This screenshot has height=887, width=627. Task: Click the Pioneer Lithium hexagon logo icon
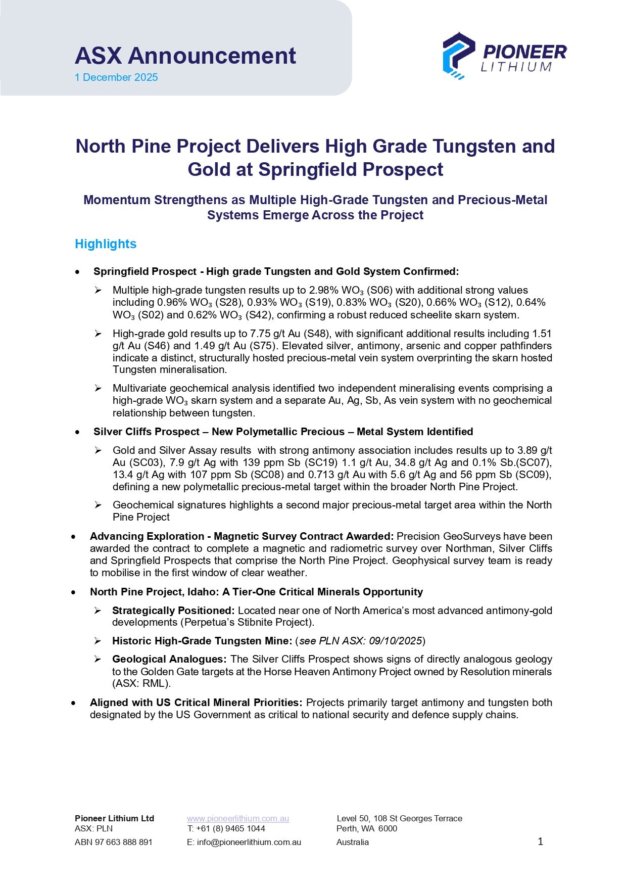click(x=458, y=56)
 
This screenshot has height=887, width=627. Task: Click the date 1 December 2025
click(x=116, y=77)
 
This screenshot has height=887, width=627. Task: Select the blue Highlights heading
click(x=106, y=244)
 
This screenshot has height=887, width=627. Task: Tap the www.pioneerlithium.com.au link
click(x=238, y=818)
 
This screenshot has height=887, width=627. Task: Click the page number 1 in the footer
click(x=540, y=842)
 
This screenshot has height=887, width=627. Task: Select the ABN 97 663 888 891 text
click(x=113, y=842)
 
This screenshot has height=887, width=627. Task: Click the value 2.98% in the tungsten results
click(x=323, y=290)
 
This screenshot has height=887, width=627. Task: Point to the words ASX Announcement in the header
click(x=185, y=56)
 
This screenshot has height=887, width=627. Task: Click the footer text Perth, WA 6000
click(x=367, y=828)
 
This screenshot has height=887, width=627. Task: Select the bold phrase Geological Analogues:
click(x=169, y=659)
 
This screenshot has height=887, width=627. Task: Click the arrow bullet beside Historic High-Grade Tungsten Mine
click(x=98, y=641)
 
